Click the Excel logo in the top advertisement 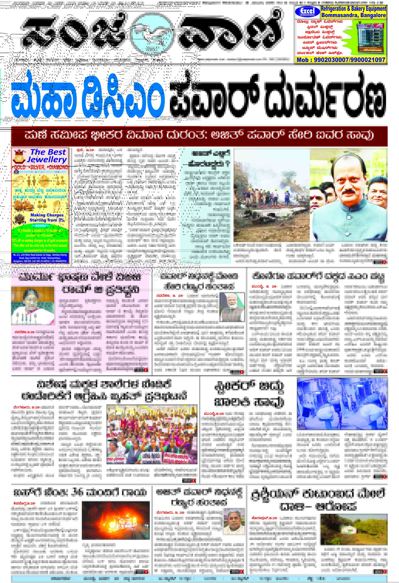click(x=307, y=12)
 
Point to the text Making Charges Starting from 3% click(x=47, y=218)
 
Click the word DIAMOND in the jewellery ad click(x=58, y=167)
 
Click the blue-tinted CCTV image click(x=342, y=404)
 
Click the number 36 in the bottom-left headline click(x=79, y=492)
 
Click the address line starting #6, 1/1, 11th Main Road click(x=40, y=258)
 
